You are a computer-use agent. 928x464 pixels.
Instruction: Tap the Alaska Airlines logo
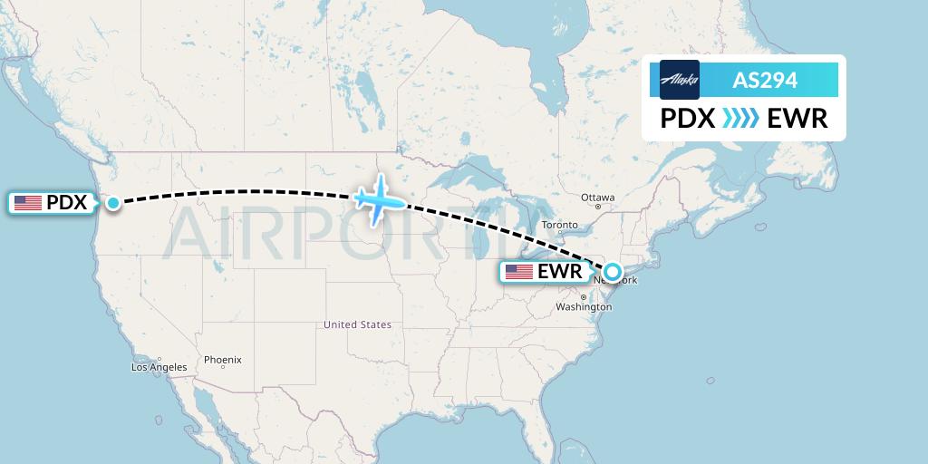click(680, 80)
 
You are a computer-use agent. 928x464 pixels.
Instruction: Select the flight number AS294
click(765, 80)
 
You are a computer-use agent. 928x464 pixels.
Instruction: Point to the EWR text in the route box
click(797, 119)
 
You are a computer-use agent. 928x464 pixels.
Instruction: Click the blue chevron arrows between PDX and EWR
click(741, 119)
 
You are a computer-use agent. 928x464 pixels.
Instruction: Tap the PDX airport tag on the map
click(51, 203)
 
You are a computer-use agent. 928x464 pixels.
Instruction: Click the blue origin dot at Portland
click(113, 203)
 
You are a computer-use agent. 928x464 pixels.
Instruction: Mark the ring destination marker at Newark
click(614, 271)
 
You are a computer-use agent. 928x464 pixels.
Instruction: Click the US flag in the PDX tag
click(28, 203)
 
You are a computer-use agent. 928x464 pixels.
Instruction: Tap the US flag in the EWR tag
click(519, 272)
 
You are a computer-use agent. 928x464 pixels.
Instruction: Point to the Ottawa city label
click(598, 198)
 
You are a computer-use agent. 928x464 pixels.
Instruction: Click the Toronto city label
click(559, 225)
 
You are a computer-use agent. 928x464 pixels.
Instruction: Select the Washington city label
click(584, 307)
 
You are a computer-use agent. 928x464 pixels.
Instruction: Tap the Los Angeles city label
click(159, 367)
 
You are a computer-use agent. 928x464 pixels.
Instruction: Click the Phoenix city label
click(223, 360)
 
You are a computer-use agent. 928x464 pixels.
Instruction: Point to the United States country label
click(358, 324)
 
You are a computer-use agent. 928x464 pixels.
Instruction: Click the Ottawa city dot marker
click(598, 207)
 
